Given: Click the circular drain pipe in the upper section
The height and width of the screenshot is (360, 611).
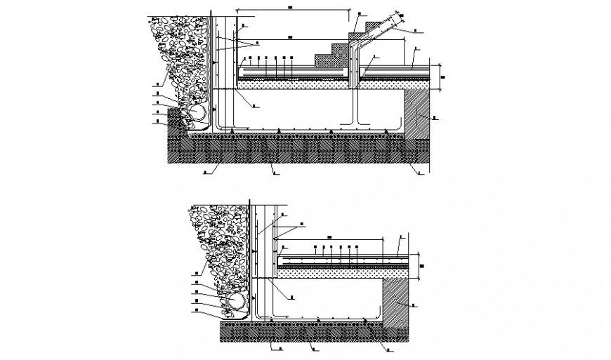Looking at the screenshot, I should (x=195, y=113).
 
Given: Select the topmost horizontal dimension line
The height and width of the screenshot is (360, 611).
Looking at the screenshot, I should (x=293, y=11).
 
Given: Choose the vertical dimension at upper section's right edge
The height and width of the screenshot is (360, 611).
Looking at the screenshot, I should (x=440, y=76).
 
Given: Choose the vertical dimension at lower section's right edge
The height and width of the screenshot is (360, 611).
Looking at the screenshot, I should (x=420, y=264).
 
